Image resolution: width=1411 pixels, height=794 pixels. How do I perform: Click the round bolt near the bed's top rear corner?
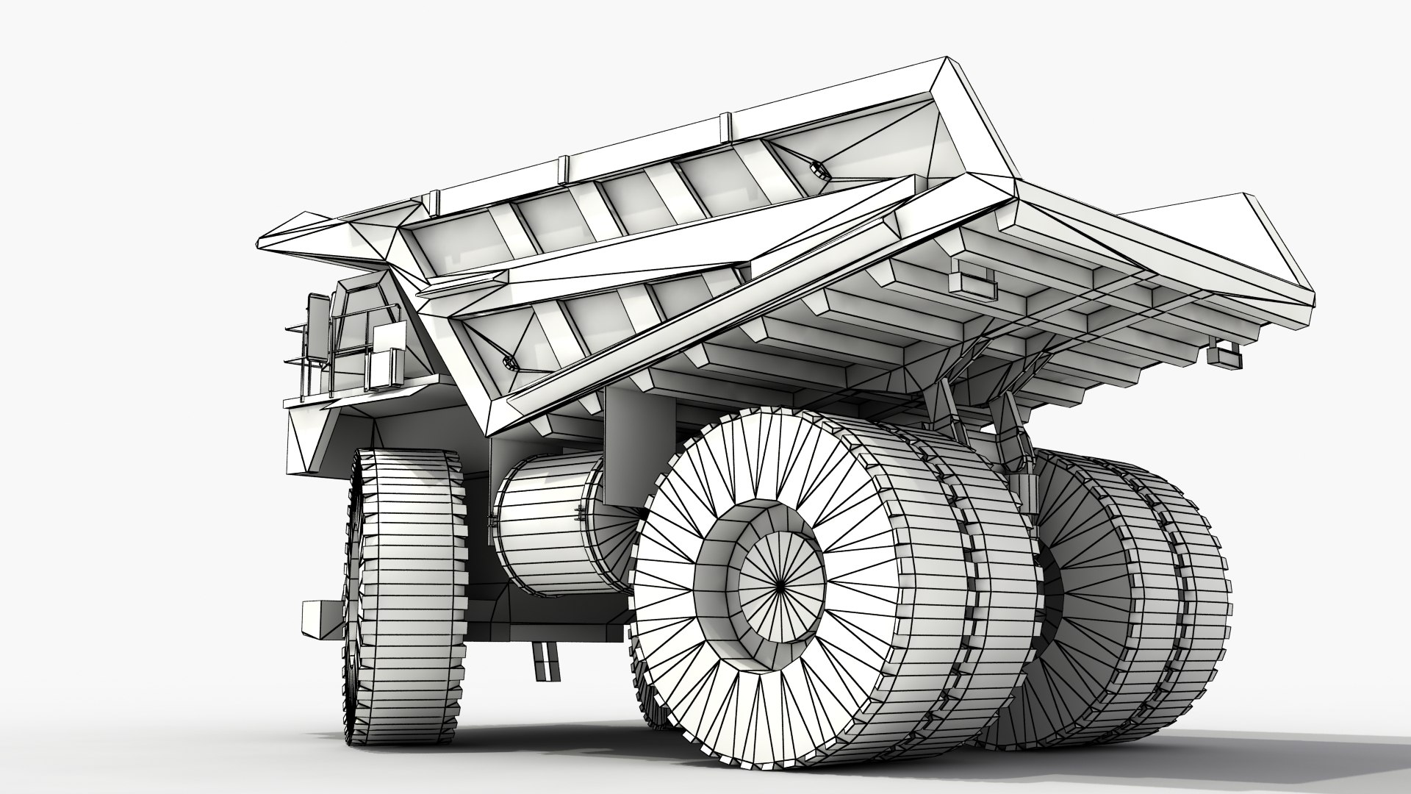click(816, 171)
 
